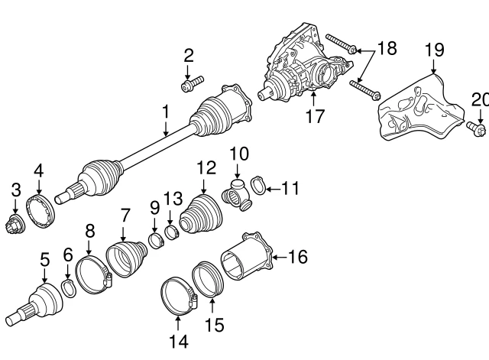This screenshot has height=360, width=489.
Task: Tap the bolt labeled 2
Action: (x=191, y=83)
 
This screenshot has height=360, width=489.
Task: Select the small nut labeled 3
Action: (x=15, y=226)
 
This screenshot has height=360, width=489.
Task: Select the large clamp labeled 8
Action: (x=92, y=274)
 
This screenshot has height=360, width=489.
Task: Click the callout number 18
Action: (x=387, y=49)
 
